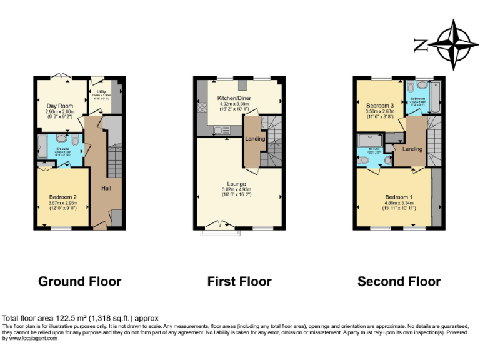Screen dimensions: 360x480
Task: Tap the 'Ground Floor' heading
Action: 79,281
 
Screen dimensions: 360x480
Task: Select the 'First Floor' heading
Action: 239,281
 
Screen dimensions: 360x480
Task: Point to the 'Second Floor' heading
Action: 399,281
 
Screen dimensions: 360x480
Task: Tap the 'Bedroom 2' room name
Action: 62,198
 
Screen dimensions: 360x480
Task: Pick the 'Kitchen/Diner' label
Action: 232,99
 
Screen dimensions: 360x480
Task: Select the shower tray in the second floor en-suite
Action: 364,142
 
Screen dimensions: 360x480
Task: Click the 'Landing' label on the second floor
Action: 412,149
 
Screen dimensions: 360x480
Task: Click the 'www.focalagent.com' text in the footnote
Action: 24,339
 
